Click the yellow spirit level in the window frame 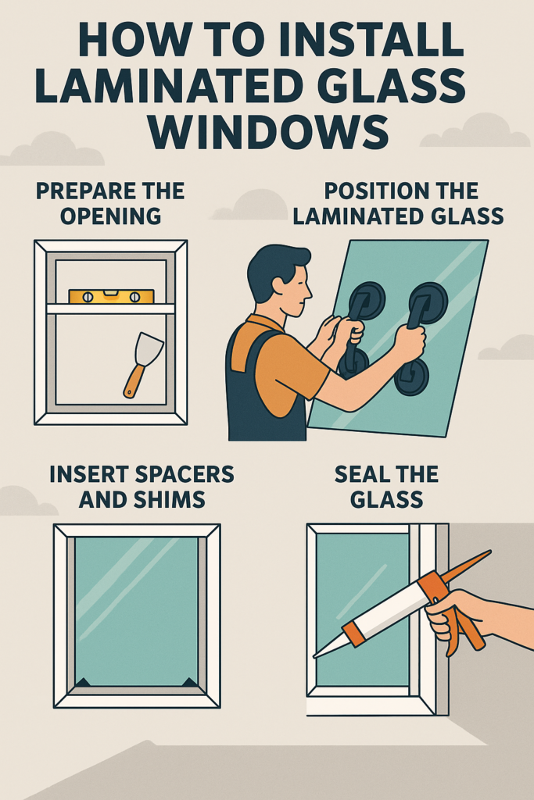point(110,297)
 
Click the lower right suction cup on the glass point(411,377)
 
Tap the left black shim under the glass point(82,682)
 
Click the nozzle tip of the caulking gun point(316,655)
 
